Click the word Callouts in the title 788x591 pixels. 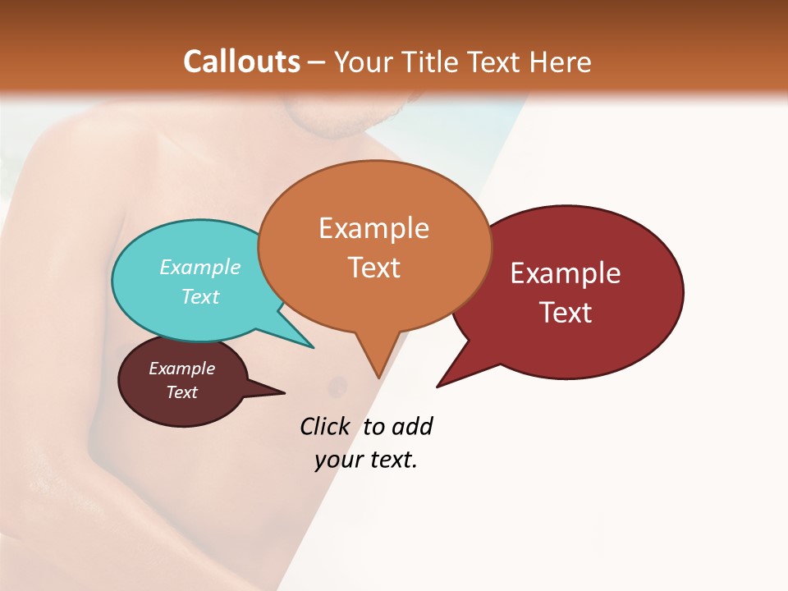click(241, 62)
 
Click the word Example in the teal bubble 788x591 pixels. click(200, 267)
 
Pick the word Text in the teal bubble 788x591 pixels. click(200, 296)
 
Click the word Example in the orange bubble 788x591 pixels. click(373, 228)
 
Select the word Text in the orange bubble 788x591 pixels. click(374, 268)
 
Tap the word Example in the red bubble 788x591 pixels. click(566, 273)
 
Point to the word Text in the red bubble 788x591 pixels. click(566, 313)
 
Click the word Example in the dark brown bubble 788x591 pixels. click(181, 369)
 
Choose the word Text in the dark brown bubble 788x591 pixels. click(181, 392)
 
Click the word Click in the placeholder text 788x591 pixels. click(324, 426)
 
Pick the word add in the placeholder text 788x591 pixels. click(411, 426)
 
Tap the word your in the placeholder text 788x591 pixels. click(337, 460)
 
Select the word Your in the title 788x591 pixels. click(363, 62)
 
